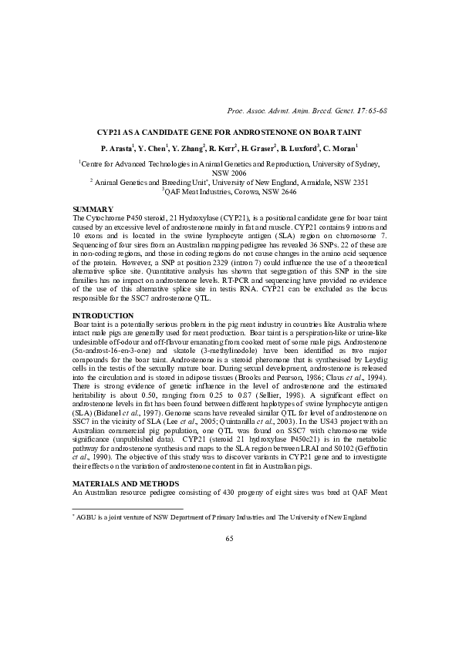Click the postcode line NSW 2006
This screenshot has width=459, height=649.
[x=228, y=174]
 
